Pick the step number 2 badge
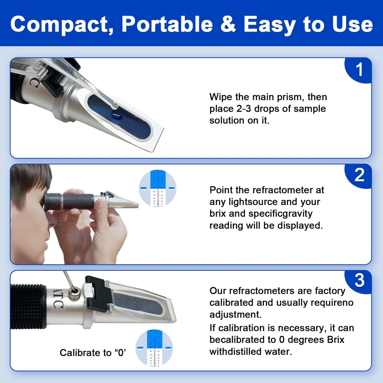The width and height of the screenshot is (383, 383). click(x=359, y=175)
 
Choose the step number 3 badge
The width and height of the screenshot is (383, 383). click(x=359, y=281)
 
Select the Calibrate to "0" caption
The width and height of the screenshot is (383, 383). click(x=93, y=352)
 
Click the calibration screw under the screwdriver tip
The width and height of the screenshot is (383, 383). click(x=73, y=294)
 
